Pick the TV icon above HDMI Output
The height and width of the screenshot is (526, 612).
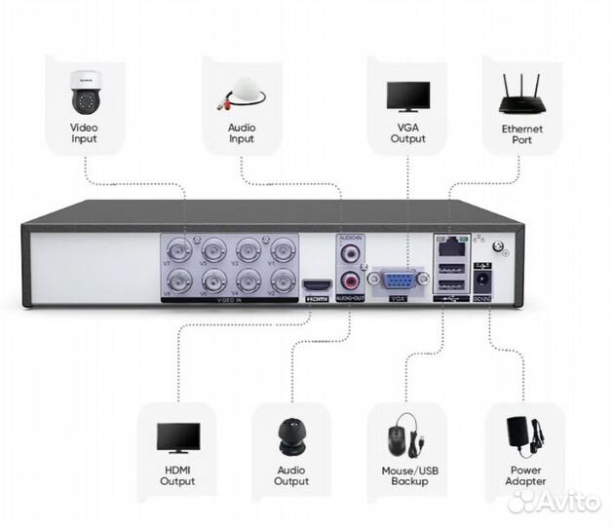(x=178, y=438)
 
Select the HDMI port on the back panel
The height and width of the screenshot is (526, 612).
(x=317, y=285)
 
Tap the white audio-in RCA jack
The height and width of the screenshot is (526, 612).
(x=350, y=253)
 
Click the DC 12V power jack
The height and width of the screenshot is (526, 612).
(x=483, y=282)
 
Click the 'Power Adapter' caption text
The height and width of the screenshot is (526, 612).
(x=525, y=475)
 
